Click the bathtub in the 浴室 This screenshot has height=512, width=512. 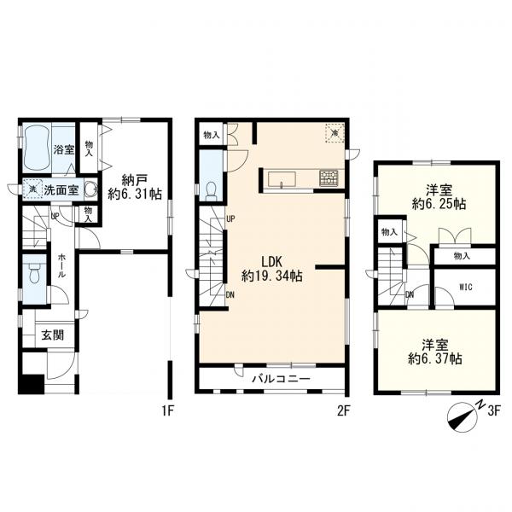click(x=38, y=148)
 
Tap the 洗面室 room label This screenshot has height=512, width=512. click(x=61, y=190)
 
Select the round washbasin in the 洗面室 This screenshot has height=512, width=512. click(x=90, y=189)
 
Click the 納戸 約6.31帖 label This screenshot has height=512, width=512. click(x=135, y=186)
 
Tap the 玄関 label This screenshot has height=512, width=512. click(x=53, y=335)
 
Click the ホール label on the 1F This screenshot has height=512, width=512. click(x=61, y=265)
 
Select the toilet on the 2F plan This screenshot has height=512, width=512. click(x=212, y=191)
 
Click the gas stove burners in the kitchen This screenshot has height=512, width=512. click(x=329, y=178)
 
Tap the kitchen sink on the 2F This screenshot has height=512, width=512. click(x=282, y=179)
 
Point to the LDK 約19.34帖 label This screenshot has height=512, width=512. click(x=271, y=269)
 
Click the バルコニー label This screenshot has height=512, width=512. click(x=281, y=379)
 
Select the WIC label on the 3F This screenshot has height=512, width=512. click(x=466, y=288)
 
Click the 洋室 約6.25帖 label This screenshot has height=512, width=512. click(x=439, y=197)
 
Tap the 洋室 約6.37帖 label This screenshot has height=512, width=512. click(x=435, y=352)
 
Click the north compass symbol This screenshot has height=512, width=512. click(x=463, y=417)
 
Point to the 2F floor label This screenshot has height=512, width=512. click(x=344, y=411)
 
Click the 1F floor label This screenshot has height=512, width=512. click(x=168, y=411)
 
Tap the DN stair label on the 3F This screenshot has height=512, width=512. click(x=410, y=295)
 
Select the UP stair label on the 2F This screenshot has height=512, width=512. click(x=230, y=218)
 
